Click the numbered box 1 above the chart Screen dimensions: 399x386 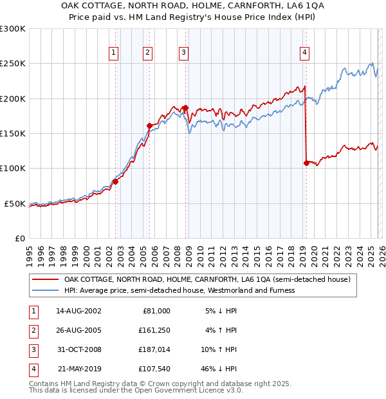click(114, 53)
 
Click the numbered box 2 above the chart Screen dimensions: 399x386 click(148, 53)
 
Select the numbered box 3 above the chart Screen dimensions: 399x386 click(184, 53)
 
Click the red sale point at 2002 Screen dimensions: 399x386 click(116, 181)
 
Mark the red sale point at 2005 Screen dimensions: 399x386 click(149, 125)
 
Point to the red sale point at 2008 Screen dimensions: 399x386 click(185, 108)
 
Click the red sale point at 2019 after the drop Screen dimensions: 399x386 click(306, 163)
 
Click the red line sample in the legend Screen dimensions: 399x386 click(46, 280)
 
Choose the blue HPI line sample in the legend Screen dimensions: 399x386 click(46, 290)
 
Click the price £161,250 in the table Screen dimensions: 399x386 click(154, 331)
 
